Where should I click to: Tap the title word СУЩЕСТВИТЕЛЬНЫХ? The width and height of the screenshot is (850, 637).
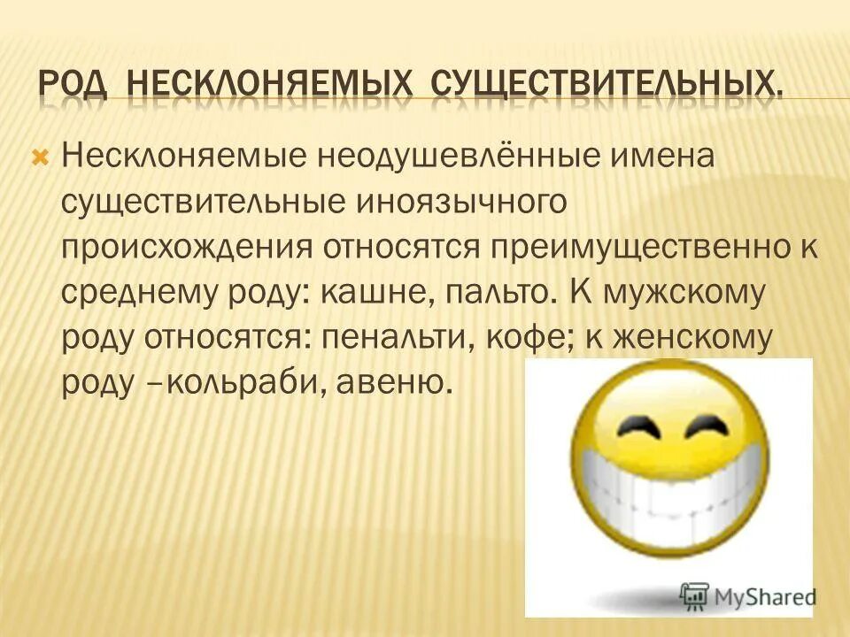coord(607,86)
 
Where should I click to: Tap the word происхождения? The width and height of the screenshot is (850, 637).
coord(186,248)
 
